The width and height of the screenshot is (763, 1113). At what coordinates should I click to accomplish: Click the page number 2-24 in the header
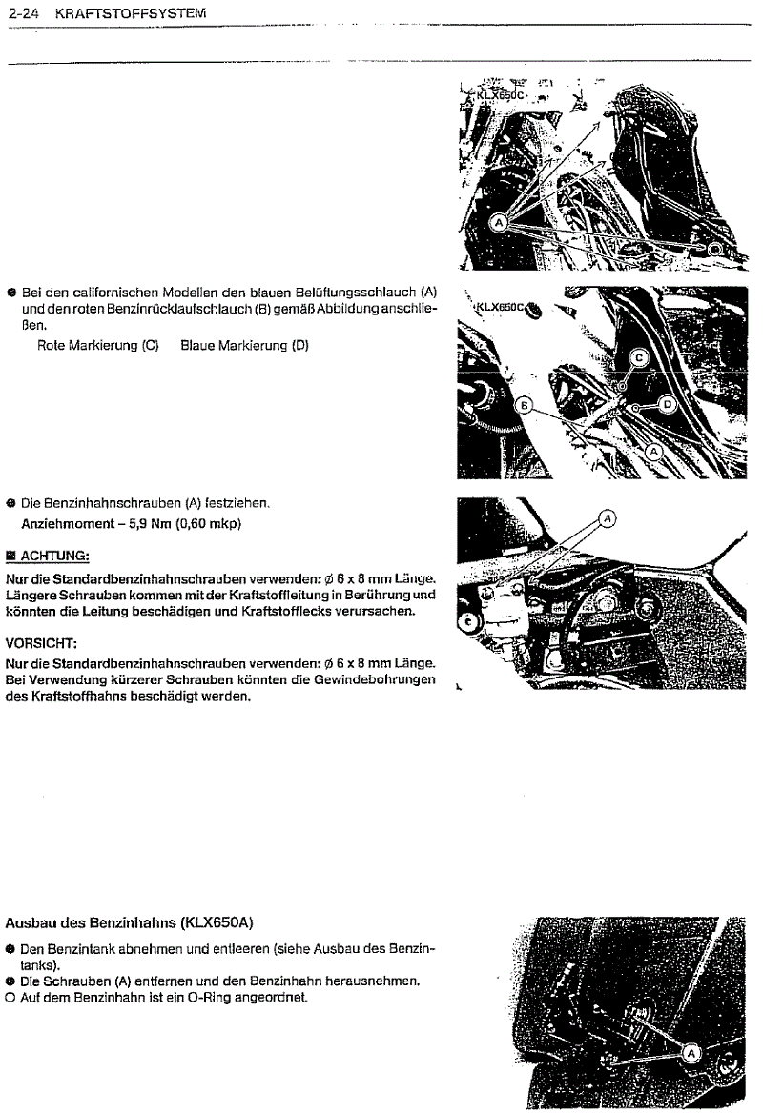[25, 12]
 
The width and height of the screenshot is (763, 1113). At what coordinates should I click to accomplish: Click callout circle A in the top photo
[499, 222]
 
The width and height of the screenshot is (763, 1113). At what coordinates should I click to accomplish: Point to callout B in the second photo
[523, 406]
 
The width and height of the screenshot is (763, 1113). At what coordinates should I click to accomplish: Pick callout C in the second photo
[640, 357]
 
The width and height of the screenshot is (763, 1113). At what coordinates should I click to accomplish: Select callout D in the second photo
[667, 404]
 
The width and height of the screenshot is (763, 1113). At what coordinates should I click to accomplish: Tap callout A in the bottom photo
[692, 1052]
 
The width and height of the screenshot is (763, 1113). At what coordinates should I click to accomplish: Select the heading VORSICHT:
[41, 642]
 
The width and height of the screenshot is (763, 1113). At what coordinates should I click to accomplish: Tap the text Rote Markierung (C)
[97, 345]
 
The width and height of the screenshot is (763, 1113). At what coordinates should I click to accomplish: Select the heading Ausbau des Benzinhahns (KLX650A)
[130, 922]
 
